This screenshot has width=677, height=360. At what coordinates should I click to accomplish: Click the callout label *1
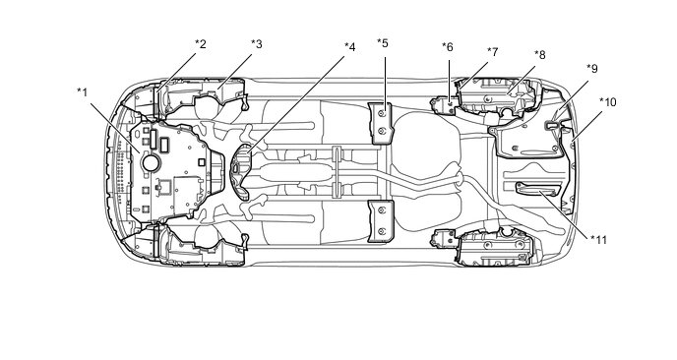click(x=82, y=92)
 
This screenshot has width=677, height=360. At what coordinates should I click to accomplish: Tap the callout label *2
click(x=201, y=44)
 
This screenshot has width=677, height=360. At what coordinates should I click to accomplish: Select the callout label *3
click(x=257, y=44)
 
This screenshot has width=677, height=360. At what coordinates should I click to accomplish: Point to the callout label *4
click(x=349, y=47)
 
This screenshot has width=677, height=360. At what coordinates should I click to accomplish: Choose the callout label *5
click(x=383, y=43)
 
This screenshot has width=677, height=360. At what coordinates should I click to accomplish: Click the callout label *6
click(x=448, y=47)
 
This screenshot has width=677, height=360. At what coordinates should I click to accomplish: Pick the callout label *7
click(x=493, y=52)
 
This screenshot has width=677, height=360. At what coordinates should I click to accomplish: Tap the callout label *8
click(x=539, y=55)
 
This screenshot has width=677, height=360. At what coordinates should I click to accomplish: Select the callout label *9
click(x=592, y=69)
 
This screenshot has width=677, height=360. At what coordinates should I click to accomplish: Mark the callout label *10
click(x=608, y=102)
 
